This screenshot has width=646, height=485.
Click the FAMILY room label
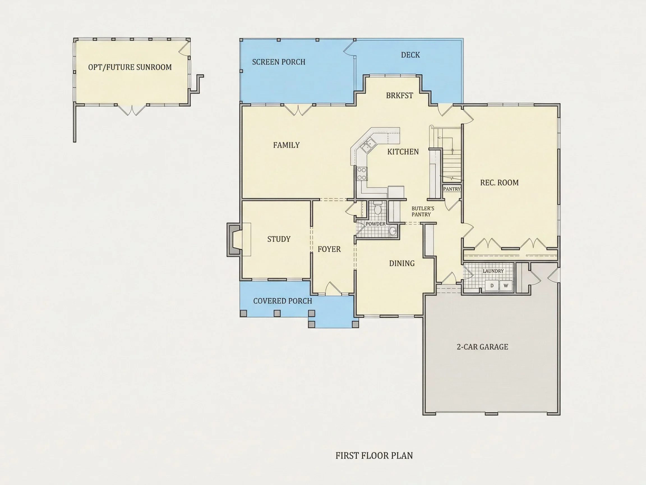pyautogui.click(x=286, y=145)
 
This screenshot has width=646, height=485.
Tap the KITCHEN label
pyautogui.click(x=403, y=152)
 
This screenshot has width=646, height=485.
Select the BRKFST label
pyautogui.click(x=400, y=96)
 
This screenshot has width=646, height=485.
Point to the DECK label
pyautogui.click(x=410, y=55)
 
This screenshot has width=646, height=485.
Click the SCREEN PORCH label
pyautogui.click(x=279, y=62)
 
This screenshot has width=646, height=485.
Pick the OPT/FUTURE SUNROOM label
pyautogui.click(x=130, y=67)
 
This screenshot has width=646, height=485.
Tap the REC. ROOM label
pyautogui.click(x=499, y=183)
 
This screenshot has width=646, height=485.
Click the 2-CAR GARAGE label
pyautogui.click(x=483, y=347)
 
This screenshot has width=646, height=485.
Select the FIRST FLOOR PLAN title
pyautogui.click(x=374, y=456)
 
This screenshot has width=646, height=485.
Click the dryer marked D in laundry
pyautogui.click(x=492, y=286)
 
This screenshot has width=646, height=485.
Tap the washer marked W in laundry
pyautogui.click(x=506, y=286)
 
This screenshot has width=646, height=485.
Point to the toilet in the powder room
pyautogui.click(x=378, y=208)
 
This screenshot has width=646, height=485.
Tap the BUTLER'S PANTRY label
pyautogui.click(x=423, y=212)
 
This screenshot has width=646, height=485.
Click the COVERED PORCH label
pyautogui.click(x=282, y=301)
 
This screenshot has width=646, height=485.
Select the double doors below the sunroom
pyautogui.click(x=133, y=110)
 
